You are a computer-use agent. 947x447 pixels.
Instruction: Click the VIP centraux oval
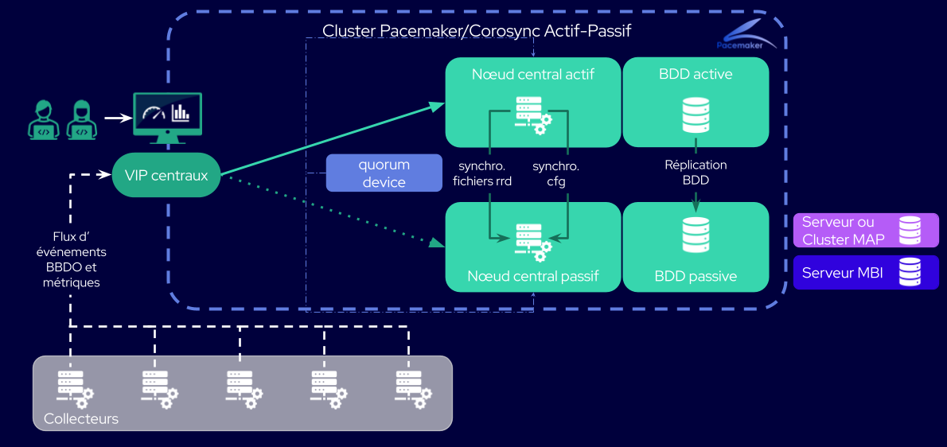coord(166,175)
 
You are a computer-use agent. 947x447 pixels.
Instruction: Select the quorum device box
coord(384,173)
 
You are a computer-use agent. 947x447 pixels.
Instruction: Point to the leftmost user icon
coord(44,120)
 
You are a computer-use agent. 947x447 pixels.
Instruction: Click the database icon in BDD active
coord(696,115)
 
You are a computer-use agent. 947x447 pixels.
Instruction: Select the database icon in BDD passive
coord(696,235)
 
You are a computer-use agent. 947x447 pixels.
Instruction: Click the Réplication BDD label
coord(696,173)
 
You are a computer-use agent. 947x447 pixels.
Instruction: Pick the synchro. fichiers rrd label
coord(482,173)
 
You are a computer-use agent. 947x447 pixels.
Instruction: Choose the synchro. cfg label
coord(555,173)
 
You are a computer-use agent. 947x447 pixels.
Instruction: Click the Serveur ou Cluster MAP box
coord(866,231)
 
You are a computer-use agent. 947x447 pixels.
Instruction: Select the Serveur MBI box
coord(866,273)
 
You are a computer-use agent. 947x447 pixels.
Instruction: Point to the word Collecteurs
coord(81,418)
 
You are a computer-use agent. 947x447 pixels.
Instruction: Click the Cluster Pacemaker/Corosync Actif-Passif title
coord(477,31)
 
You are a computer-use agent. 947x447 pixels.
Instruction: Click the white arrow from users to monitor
coord(118,119)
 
